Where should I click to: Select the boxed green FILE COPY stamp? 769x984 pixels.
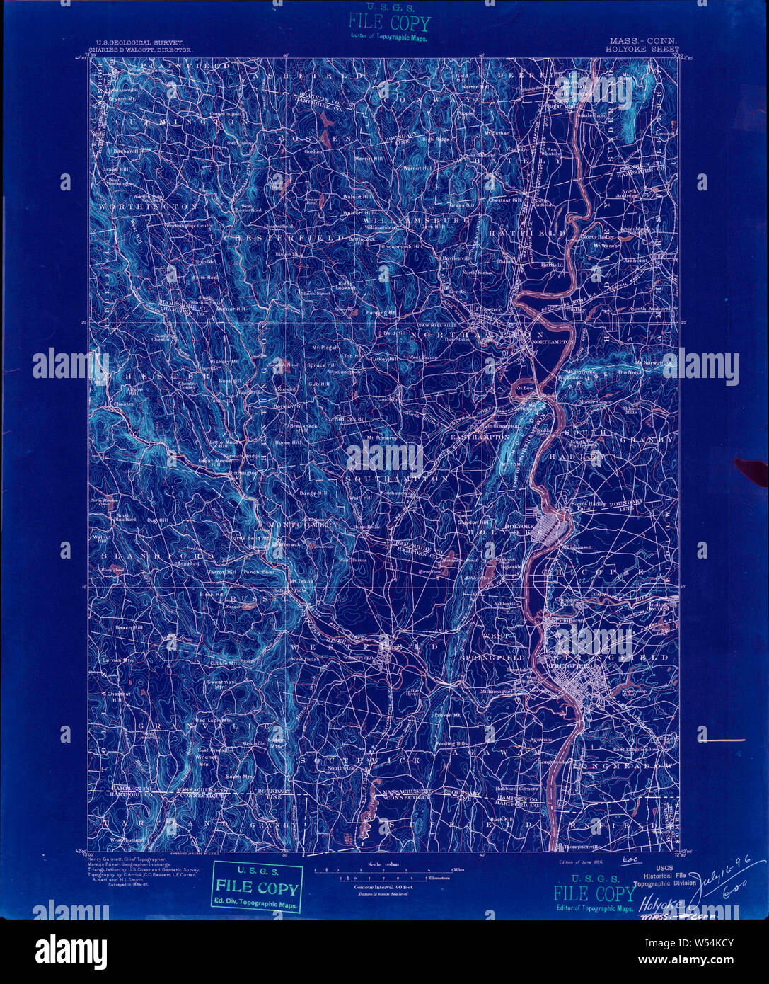pos(257,888)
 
